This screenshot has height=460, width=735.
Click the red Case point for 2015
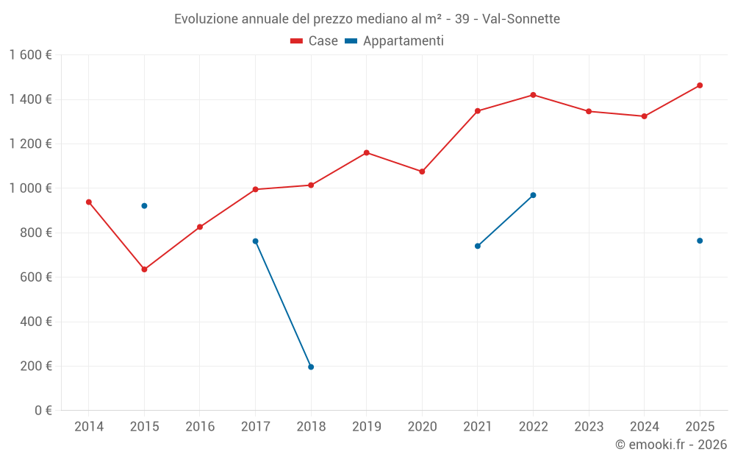[x=144, y=269]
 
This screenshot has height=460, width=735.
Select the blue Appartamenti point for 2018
[x=311, y=367]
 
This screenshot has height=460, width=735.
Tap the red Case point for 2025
[x=700, y=85]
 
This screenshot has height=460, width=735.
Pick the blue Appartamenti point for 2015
[x=144, y=206]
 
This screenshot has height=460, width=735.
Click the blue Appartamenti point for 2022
[x=533, y=195]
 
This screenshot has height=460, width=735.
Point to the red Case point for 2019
[x=367, y=153]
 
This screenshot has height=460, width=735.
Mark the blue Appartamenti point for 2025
[x=700, y=241]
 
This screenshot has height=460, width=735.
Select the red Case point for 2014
[x=89, y=202]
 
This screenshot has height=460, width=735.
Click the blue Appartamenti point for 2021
[x=478, y=246]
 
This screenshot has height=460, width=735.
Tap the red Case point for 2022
[x=533, y=95]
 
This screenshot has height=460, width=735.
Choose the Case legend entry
[x=314, y=41]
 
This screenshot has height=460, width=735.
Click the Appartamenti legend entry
[x=395, y=41]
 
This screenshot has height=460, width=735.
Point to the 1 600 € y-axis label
[x=30, y=55]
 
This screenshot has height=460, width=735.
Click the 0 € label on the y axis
[x=43, y=411]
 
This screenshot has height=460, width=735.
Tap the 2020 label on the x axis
[x=422, y=427]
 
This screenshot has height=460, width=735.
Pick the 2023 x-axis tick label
[x=589, y=427]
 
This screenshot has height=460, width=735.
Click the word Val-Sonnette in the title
[x=521, y=19]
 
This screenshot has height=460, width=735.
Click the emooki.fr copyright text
[x=671, y=445]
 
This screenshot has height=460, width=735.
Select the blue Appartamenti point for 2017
[x=256, y=241]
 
